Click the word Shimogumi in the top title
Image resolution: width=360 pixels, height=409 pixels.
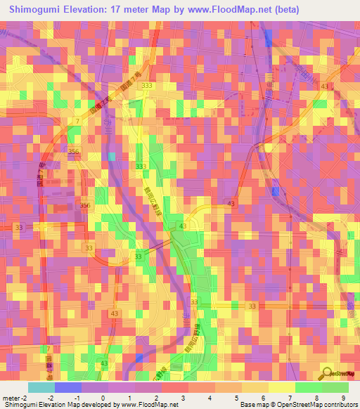[36, 10]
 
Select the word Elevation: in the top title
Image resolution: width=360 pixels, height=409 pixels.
[94, 10]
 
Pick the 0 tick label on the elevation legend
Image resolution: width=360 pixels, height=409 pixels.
[103, 398]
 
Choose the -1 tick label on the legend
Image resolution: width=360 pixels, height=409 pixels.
[77, 398]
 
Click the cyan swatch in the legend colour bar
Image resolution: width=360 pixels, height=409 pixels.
[41, 387]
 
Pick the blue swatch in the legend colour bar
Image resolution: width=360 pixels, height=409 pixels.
[68, 387]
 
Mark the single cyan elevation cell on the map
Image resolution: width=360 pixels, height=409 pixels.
[111, 156]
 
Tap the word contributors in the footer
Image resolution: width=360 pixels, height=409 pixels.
[337, 405]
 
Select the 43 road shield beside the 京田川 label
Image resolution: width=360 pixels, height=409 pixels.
[325, 86]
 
